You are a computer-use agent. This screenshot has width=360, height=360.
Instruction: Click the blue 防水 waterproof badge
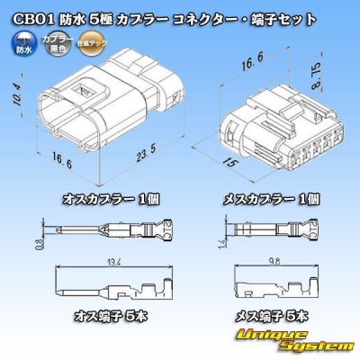pos(22,42)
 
